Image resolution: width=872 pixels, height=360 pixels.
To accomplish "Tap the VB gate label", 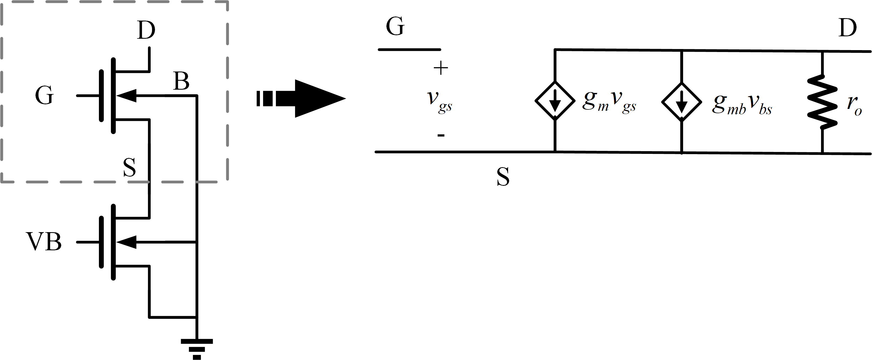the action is click(x=44, y=242).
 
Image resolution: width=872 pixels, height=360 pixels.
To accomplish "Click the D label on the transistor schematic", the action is click(x=146, y=30).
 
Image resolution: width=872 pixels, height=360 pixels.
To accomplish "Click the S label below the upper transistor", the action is click(x=130, y=167).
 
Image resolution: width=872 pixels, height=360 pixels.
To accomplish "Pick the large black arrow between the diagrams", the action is click(x=301, y=98).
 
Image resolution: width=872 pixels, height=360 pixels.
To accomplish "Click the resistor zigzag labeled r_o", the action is click(x=822, y=102).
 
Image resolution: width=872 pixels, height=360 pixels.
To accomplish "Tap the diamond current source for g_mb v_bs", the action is click(x=682, y=102).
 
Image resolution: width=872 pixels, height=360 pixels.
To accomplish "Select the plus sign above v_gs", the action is click(x=441, y=68).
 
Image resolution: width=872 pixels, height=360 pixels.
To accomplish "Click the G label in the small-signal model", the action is click(x=395, y=26).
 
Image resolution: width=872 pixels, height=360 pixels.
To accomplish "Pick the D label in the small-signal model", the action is click(x=847, y=28).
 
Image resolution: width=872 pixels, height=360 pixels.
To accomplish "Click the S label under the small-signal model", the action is click(x=503, y=177).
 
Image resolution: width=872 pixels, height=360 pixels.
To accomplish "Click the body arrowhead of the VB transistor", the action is click(x=127, y=242).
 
